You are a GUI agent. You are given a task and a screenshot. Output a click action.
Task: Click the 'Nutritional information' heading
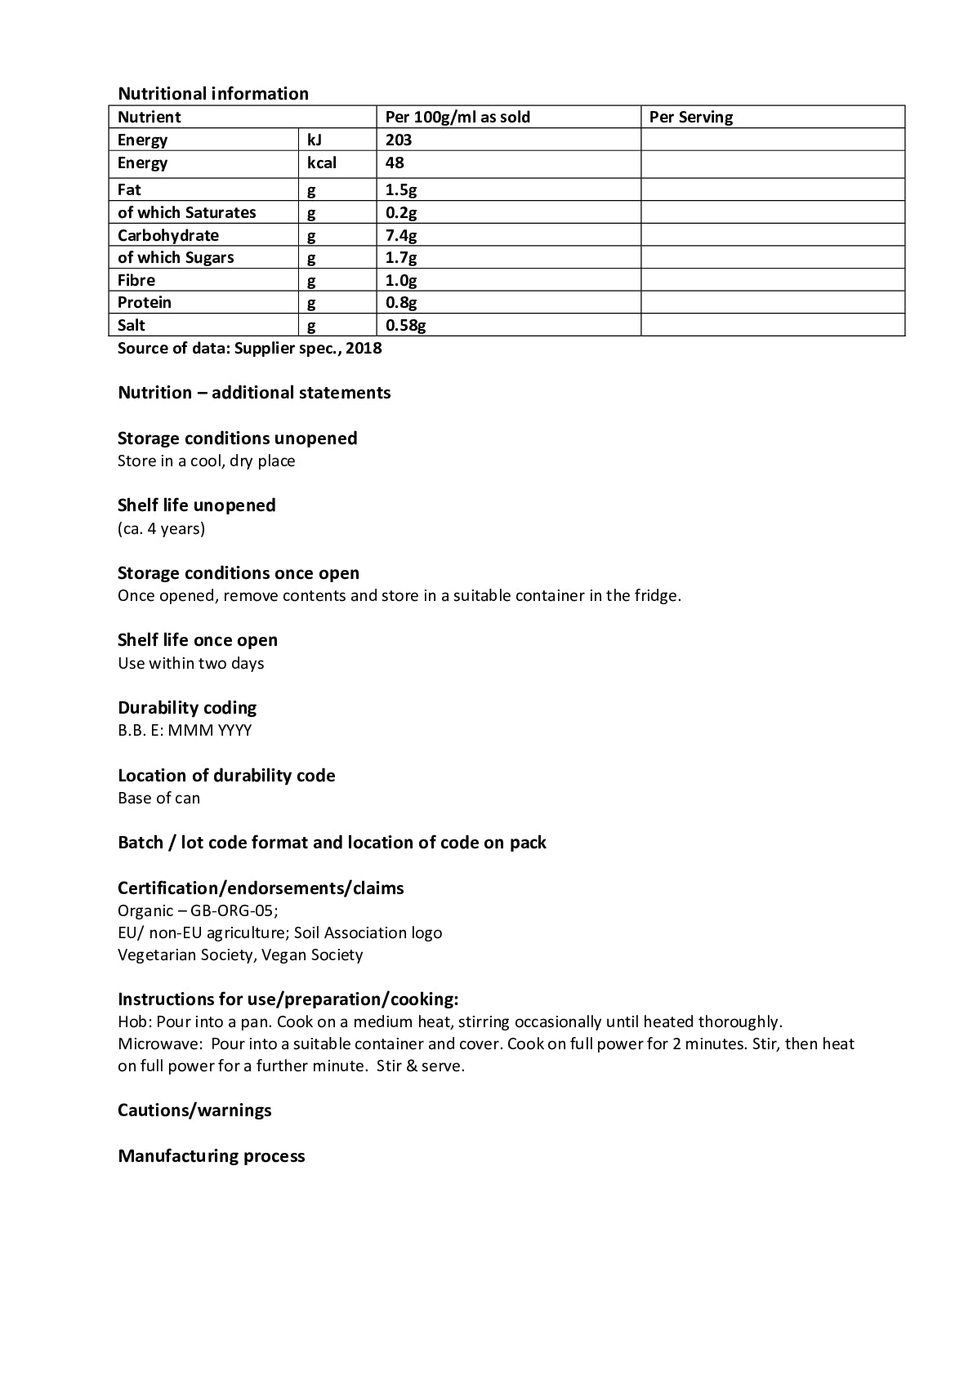tap(213, 93)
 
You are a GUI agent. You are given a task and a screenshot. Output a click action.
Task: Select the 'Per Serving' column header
tap(691, 117)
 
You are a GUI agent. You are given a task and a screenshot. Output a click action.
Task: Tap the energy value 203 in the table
tap(399, 140)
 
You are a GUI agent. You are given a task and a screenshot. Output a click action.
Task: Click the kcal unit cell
tap(322, 162)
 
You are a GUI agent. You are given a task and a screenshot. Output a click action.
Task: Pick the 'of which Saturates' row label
tap(186, 212)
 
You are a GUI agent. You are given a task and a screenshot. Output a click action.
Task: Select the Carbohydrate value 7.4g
tap(401, 235)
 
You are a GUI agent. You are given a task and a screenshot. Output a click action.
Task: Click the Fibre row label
tap(136, 280)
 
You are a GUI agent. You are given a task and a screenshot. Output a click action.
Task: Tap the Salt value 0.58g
tap(406, 325)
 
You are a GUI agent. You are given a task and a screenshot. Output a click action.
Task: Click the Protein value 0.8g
tap(401, 302)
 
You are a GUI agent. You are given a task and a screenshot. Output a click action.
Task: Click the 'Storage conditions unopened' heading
tap(237, 438)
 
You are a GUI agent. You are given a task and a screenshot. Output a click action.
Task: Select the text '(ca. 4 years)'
tap(161, 528)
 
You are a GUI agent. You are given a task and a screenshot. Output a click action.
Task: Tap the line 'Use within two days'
tap(190, 663)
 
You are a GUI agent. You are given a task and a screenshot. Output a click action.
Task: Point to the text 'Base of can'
tap(158, 798)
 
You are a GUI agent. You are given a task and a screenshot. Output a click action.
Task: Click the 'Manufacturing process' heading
tap(211, 1155)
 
